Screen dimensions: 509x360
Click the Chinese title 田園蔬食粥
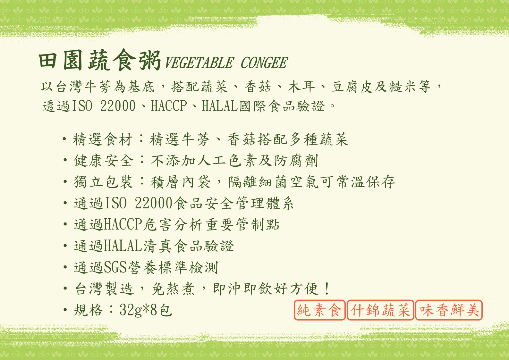pos(99,60)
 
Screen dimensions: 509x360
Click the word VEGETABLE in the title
pos(199,63)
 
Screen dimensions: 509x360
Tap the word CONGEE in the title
pos(264,63)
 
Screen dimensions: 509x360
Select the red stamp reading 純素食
pos(319,310)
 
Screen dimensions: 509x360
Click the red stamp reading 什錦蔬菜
pos(380,310)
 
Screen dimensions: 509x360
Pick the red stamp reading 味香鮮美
pos(449,310)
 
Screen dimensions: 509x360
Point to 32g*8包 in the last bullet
pos(146,310)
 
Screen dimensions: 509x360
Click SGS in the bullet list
pos(115,267)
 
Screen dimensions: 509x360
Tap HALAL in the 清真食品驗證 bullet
pos(123,246)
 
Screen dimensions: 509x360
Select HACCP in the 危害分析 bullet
pos(123,224)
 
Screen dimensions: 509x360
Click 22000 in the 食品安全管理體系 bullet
pos(153,203)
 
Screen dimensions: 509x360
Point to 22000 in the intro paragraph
pos(118,106)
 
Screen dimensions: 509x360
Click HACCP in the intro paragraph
pos(169,106)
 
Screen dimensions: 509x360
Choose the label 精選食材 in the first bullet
pos(103,139)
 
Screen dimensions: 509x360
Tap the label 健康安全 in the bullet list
pos(103,161)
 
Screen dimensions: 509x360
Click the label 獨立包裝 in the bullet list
pos(103,182)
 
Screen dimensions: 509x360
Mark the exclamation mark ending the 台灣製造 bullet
pos(327,289)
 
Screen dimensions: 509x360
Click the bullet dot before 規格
pos(65,310)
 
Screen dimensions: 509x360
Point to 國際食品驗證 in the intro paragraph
pos(282,106)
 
